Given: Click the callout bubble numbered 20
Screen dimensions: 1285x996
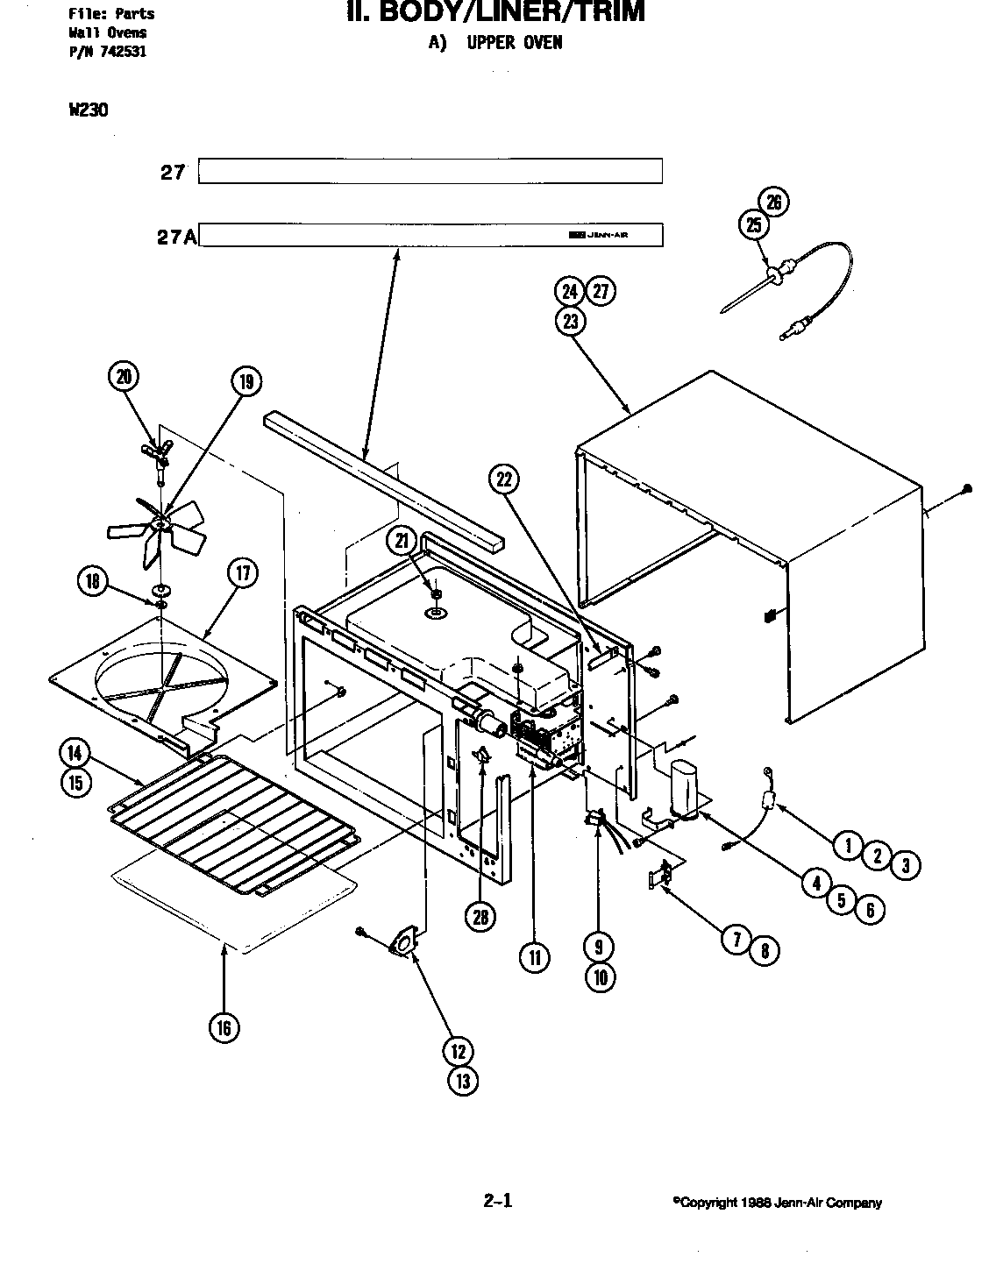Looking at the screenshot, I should coord(123,377).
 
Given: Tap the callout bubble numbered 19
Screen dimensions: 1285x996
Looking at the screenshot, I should coord(246,381).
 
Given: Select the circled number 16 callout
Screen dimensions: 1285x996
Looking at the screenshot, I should coord(224,1027).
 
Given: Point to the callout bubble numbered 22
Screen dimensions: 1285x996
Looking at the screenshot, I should coord(503,479).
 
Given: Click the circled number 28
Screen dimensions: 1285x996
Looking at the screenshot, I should coord(480,917).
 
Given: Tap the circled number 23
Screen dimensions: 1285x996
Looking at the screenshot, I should coord(571,322).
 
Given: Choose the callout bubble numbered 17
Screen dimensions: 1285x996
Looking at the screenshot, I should coord(243,574).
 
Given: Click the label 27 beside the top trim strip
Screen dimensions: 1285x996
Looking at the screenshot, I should coord(174,172).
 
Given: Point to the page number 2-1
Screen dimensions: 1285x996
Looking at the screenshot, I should coord(497,1201).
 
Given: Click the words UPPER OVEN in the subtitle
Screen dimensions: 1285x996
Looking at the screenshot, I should coord(514,42).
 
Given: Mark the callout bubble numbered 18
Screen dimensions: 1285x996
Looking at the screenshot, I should coord(92,581).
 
